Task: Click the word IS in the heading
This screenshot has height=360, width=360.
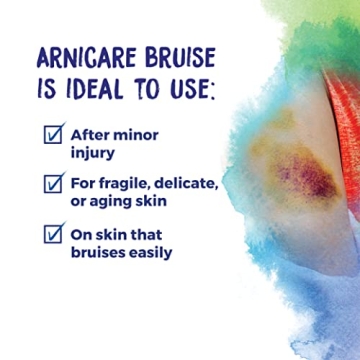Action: [47, 90]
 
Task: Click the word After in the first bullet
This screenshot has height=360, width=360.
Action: [89, 135]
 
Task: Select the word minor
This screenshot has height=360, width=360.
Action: [135, 135]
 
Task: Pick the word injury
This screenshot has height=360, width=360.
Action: [92, 153]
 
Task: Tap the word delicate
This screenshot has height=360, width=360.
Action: [194, 184]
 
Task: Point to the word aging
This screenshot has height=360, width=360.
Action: [118, 201]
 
